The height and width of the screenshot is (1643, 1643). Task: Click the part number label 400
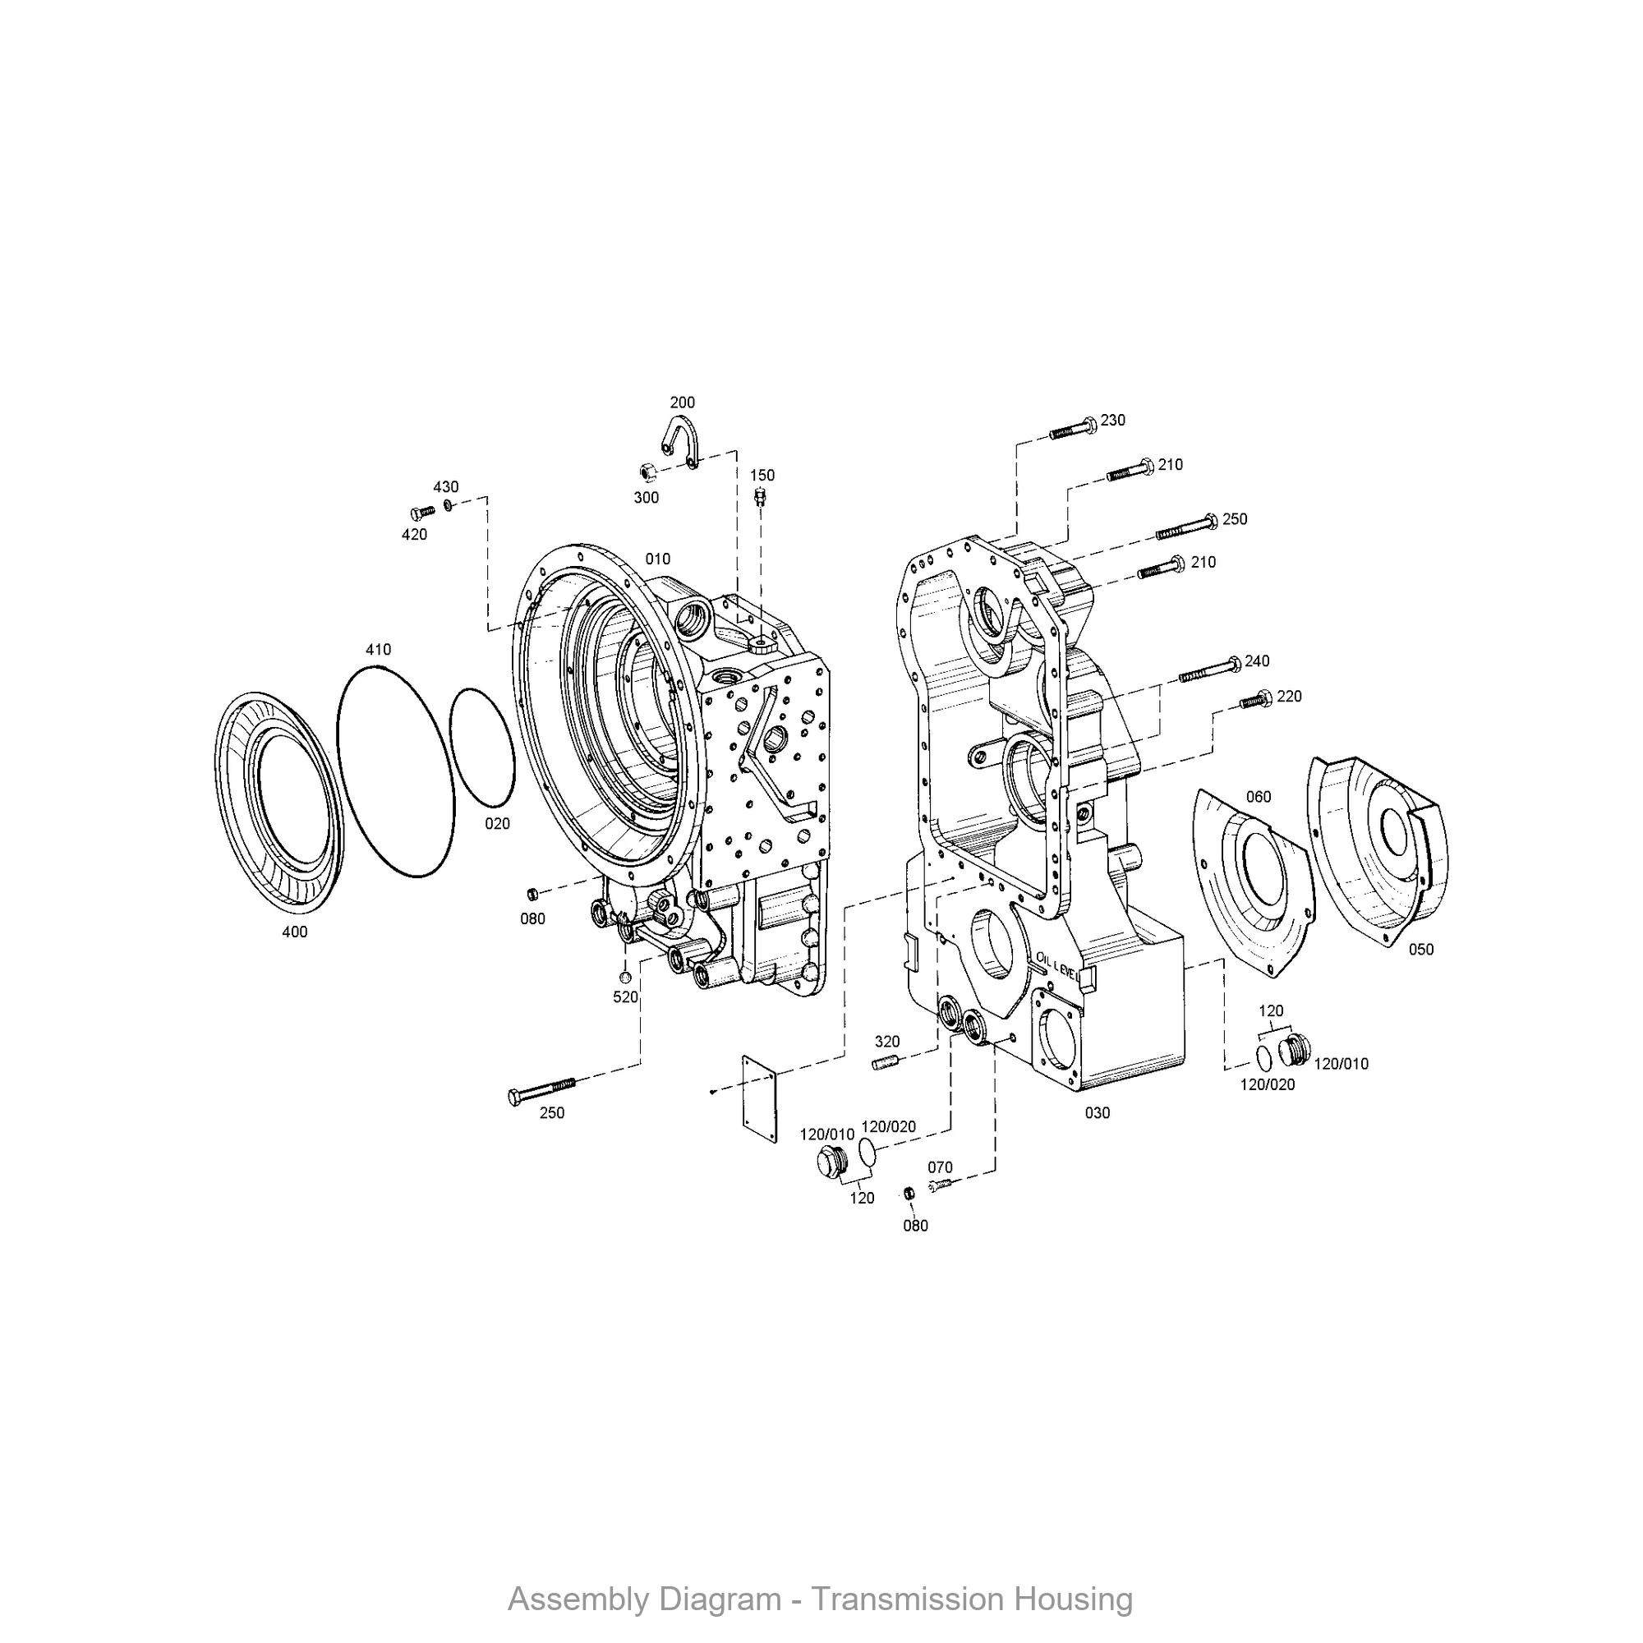click(294, 932)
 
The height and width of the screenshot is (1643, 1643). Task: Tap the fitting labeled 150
click(760, 496)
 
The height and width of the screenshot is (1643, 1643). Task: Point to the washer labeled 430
click(449, 508)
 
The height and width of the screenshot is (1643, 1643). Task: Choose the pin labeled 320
click(887, 1062)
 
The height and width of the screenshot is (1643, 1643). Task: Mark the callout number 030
click(1097, 1112)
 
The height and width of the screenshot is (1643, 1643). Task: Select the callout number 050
click(1421, 949)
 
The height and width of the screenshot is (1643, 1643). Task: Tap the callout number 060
click(1258, 797)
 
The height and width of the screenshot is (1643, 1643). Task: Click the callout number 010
click(657, 559)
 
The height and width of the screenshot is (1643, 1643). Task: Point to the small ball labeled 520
click(624, 975)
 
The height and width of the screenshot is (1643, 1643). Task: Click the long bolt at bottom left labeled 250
click(541, 1090)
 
